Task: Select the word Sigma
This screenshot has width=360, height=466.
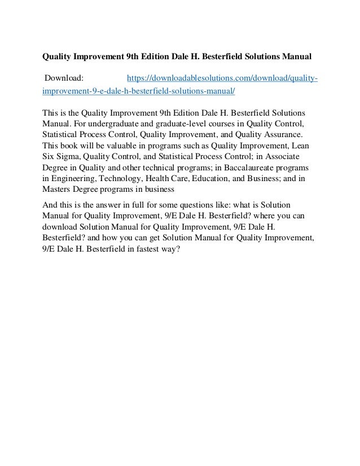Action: tap(66, 158)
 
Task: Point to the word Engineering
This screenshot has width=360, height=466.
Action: tap(73, 181)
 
